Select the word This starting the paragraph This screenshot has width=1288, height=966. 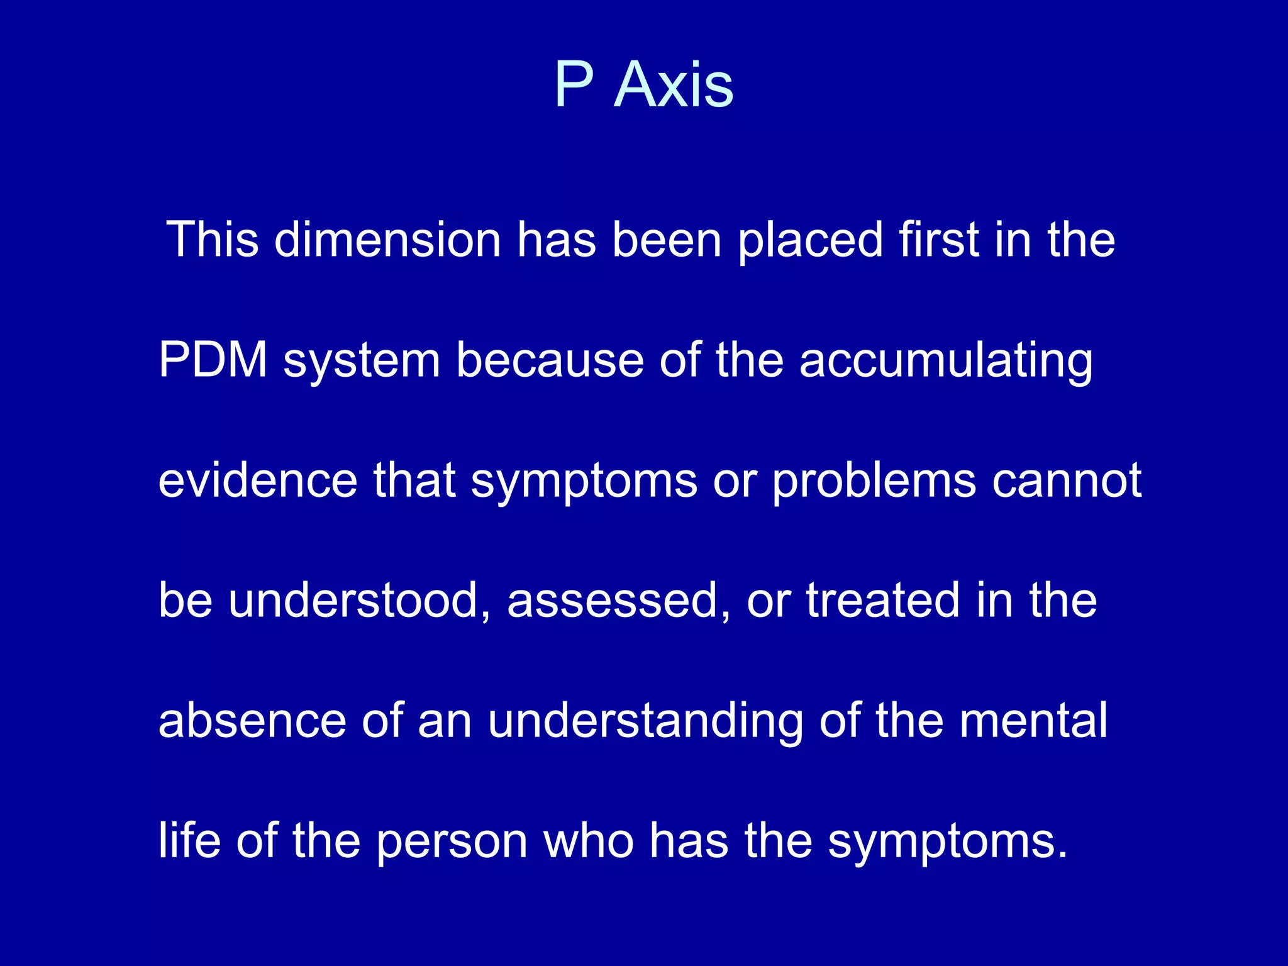(213, 240)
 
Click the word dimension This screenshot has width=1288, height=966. (387, 240)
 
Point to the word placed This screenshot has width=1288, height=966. (810, 240)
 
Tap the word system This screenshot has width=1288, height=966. (362, 361)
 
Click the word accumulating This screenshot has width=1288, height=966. (946, 361)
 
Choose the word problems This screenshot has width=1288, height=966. (874, 481)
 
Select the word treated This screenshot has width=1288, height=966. (883, 600)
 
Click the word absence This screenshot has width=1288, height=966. (252, 720)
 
